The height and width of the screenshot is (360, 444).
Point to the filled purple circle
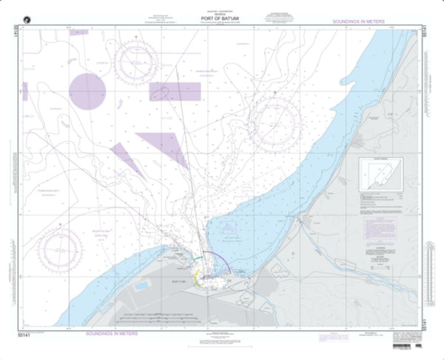88,90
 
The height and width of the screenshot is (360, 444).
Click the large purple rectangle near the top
175,91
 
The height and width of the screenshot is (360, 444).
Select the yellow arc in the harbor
195,277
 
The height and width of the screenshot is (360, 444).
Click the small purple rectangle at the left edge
25,92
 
